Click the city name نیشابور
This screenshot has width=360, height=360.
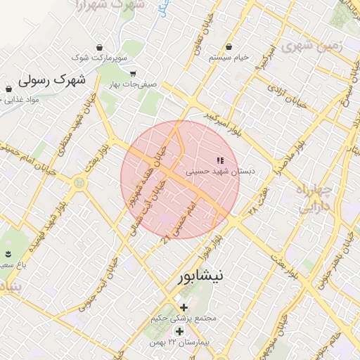pyautogui.click(x=198, y=276)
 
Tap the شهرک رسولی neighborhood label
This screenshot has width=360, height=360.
pyautogui.click(x=53, y=79)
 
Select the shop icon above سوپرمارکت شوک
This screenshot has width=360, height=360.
pyautogui.click(x=100, y=47)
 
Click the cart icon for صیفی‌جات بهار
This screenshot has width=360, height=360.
pyautogui.click(x=133, y=73)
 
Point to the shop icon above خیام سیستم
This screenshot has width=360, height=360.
pyautogui.click(x=229, y=46)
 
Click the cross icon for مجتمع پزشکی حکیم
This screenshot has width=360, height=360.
pyautogui.click(x=184, y=307)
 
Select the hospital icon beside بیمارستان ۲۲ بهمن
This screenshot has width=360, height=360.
pyautogui.click(x=179, y=331)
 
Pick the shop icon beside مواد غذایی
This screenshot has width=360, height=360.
pyautogui.click(x=8, y=89)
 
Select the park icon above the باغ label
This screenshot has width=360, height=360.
pyautogui.click(x=8, y=253)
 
